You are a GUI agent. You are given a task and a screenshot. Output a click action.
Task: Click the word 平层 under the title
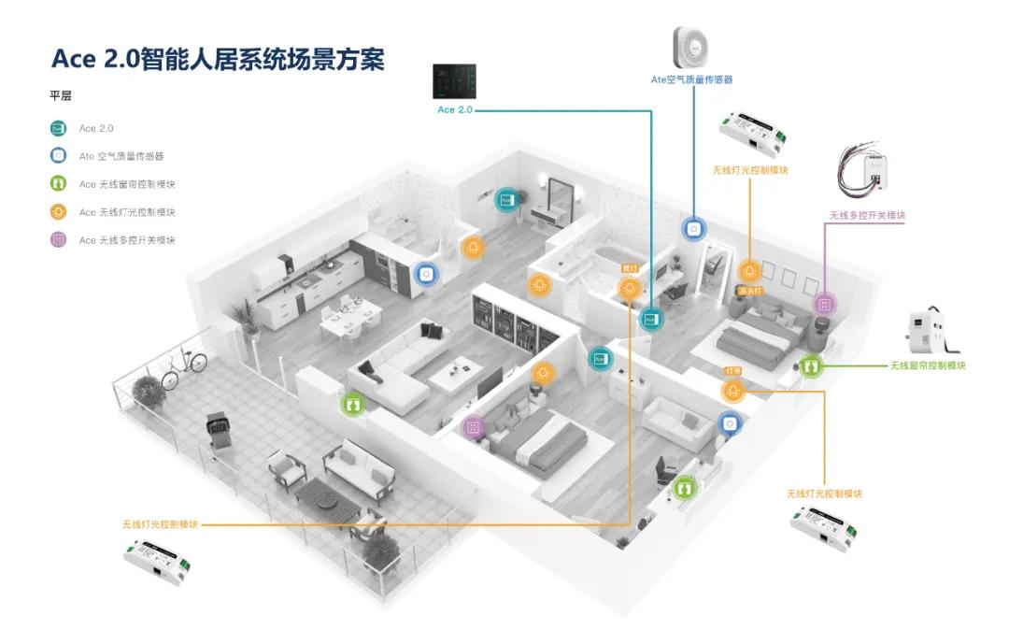(x=61, y=95)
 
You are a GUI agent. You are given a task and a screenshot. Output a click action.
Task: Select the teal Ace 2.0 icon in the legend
(x=58, y=128)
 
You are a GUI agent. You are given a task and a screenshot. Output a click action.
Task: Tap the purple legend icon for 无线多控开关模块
(x=58, y=240)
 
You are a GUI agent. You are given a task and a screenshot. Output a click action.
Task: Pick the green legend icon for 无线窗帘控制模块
(x=58, y=184)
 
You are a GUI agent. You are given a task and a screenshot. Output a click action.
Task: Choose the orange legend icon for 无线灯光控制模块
(x=58, y=212)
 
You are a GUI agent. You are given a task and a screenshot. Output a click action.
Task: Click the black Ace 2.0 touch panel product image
(x=455, y=81)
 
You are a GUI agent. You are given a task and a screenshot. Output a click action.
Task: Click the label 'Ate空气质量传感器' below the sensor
(x=691, y=80)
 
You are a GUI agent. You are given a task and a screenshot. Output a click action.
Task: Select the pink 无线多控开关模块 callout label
(x=867, y=216)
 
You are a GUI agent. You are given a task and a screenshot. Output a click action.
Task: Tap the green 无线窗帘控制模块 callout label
(x=927, y=365)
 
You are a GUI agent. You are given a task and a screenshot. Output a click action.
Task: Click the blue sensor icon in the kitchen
(x=426, y=275)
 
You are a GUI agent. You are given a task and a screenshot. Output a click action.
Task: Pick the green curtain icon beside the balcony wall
(x=352, y=405)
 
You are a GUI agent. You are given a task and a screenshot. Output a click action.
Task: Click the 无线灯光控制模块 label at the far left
(x=160, y=524)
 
